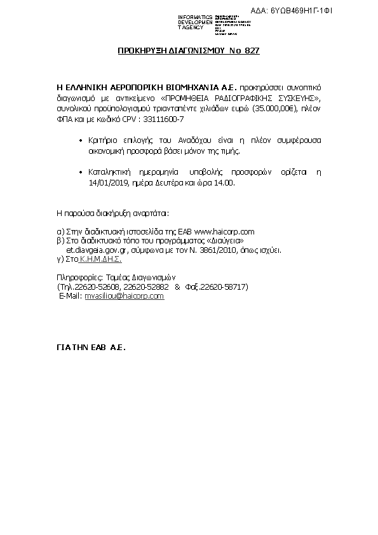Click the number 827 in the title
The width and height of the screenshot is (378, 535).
pos(252,50)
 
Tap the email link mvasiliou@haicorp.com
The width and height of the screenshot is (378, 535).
pos(125,296)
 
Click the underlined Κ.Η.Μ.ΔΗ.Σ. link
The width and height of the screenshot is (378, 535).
pos(101,260)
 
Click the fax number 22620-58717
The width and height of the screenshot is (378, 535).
pos(224,287)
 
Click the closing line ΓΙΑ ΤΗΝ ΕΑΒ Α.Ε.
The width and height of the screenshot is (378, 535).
pos(91,348)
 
